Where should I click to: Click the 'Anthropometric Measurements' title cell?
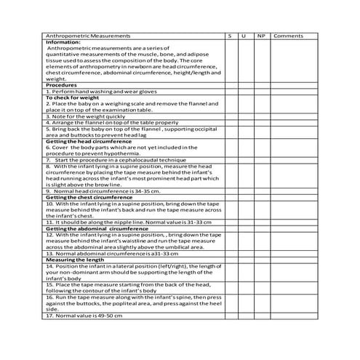pos(88,36)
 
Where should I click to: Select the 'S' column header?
pos(229,36)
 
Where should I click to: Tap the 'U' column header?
pos(245,36)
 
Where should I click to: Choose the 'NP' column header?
pos(260,36)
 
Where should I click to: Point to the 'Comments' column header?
pos(289,36)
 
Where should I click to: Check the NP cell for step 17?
pos(260,316)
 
